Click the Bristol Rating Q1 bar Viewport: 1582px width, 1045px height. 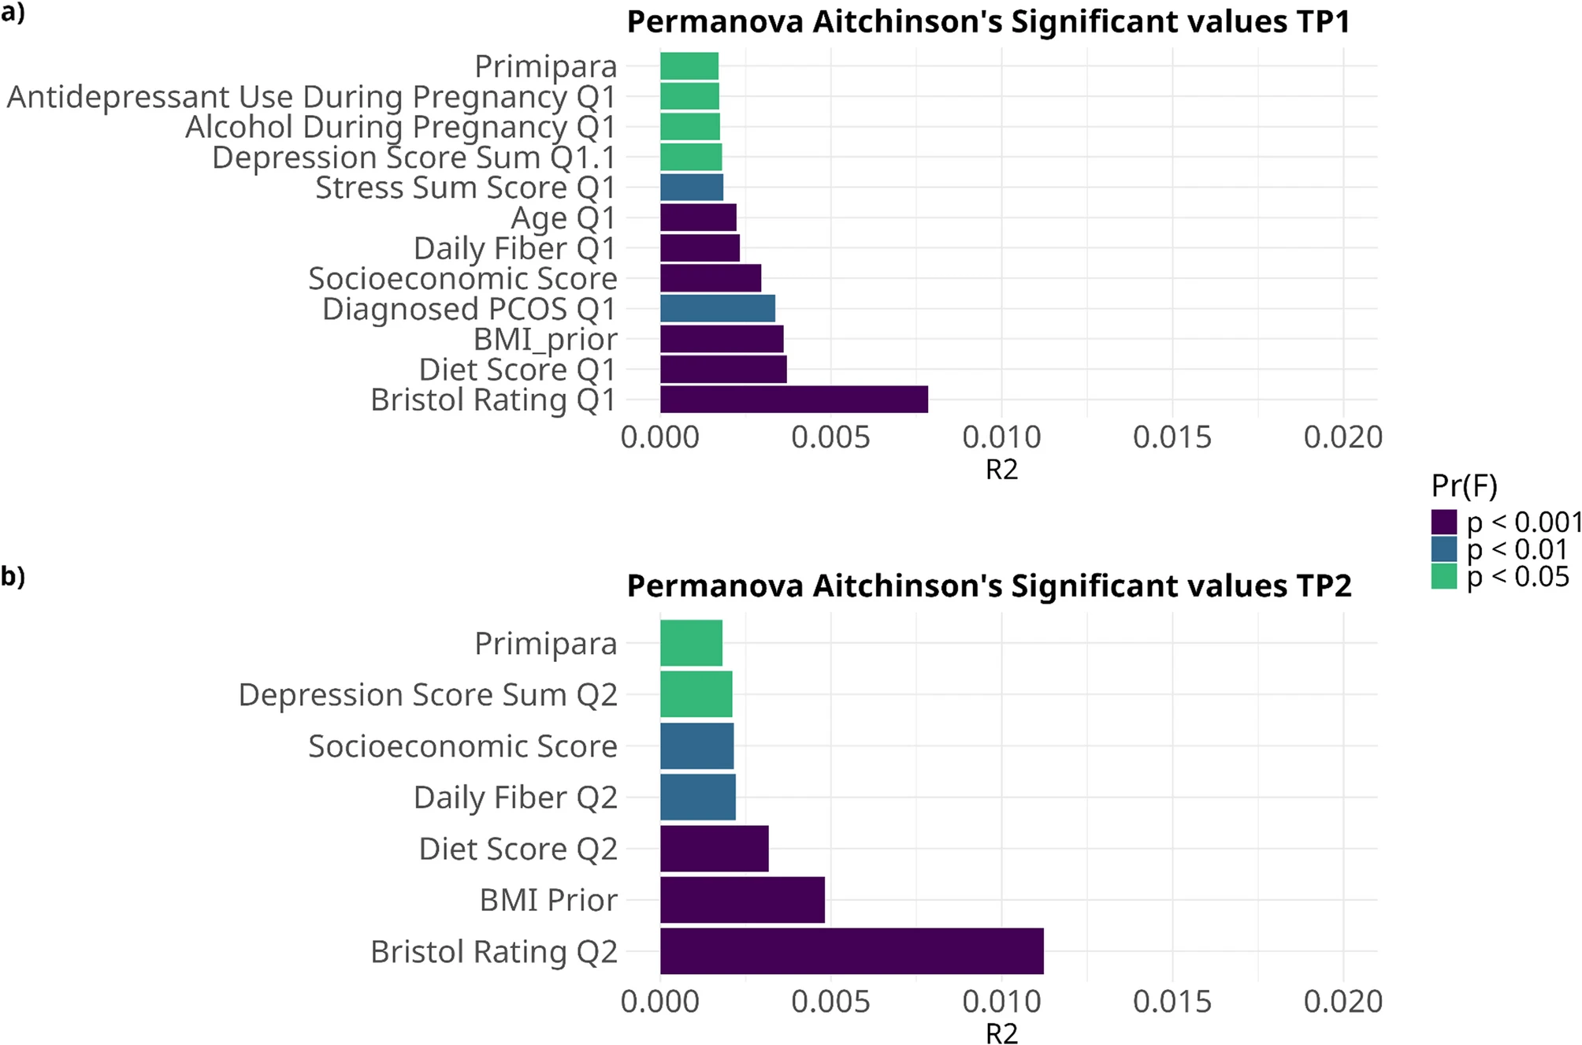coord(793,400)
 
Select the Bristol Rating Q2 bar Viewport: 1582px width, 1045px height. coord(851,951)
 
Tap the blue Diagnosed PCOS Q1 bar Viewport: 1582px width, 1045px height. coord(717,309)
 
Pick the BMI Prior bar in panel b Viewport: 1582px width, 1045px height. coord(742,900)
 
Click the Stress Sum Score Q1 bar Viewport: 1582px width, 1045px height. coord(691,188)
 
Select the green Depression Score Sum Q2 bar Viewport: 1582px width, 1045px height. coord(696,694)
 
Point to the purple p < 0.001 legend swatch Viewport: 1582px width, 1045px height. coord(1444,522)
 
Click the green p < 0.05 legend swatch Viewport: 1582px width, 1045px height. coord(1444,577)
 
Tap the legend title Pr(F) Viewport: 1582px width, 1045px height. coord(1464,485)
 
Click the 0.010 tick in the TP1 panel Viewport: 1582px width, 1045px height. coord(1001,437)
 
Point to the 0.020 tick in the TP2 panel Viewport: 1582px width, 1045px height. coord(1342,1002)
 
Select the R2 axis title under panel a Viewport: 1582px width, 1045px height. coord(1001,470)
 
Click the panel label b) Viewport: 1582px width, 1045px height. coord(13,576)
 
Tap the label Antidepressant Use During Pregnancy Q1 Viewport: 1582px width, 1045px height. coord(311,97)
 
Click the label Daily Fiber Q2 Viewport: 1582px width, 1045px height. coord(515,798)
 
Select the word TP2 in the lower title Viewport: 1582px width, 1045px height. coord(1323,586)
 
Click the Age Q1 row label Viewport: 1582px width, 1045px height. coord(563,218)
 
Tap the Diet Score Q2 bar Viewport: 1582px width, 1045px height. coord(714,849)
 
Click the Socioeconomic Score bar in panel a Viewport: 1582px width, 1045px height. coord(710,278)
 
